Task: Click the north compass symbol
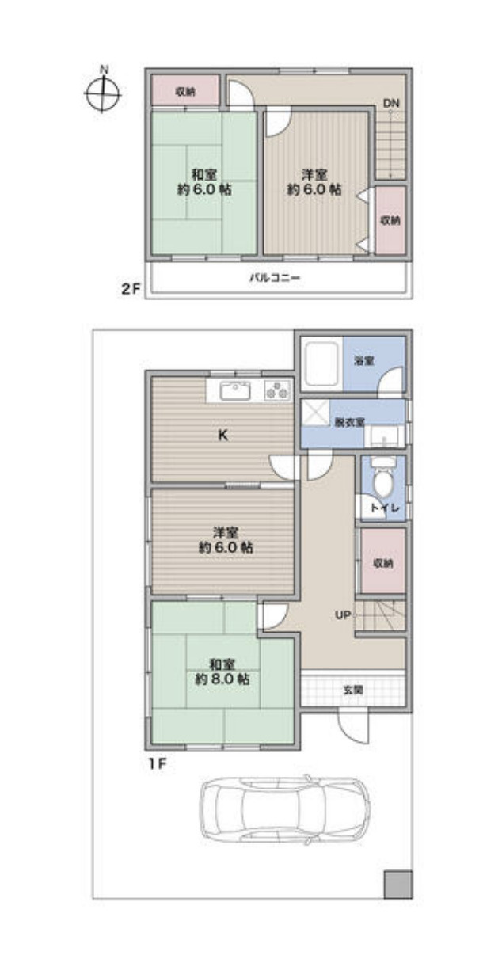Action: click(103, 93)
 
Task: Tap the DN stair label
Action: click(390, 103)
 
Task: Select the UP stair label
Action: click(343, 615)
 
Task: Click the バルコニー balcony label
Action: click(274, 277)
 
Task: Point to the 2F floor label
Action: click(131, 290)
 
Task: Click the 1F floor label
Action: click(158, 764)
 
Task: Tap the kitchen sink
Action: click(234, 390)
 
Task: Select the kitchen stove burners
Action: click(277, 390)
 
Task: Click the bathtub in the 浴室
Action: click(321, 363)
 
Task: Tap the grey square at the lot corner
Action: click(397, 884)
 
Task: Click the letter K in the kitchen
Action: click(222, 435)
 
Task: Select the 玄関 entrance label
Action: click(353, 689)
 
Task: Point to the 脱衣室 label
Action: click(349, 422)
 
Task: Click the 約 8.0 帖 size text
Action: click(222, 679)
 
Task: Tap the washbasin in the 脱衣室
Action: click(384, 436)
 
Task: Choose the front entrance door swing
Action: click(353, 727)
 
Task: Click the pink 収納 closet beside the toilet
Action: click(383, 561)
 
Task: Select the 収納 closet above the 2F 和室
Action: click(185, 90)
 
